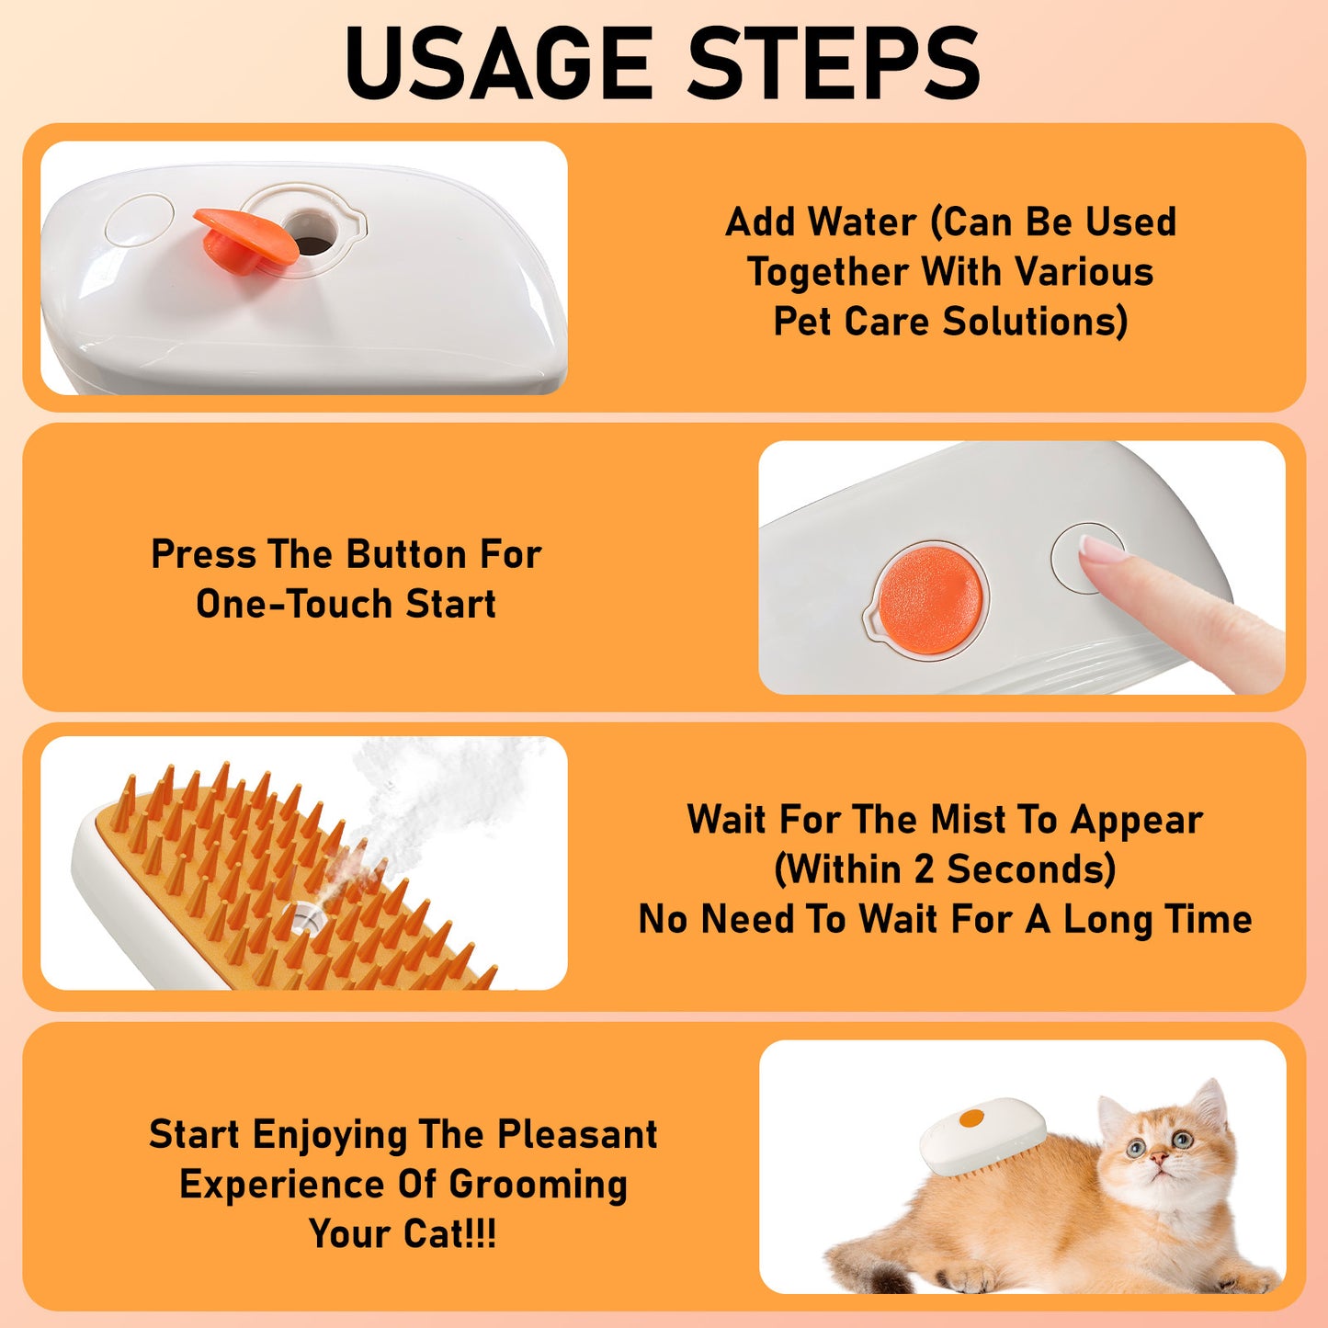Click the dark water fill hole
[311, 233]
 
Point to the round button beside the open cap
[139, 220]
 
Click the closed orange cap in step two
[929, 600]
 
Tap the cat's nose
[1160, 1160]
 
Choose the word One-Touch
[295, 605]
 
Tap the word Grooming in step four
[537, 1185]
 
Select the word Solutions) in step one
[1035, 322]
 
